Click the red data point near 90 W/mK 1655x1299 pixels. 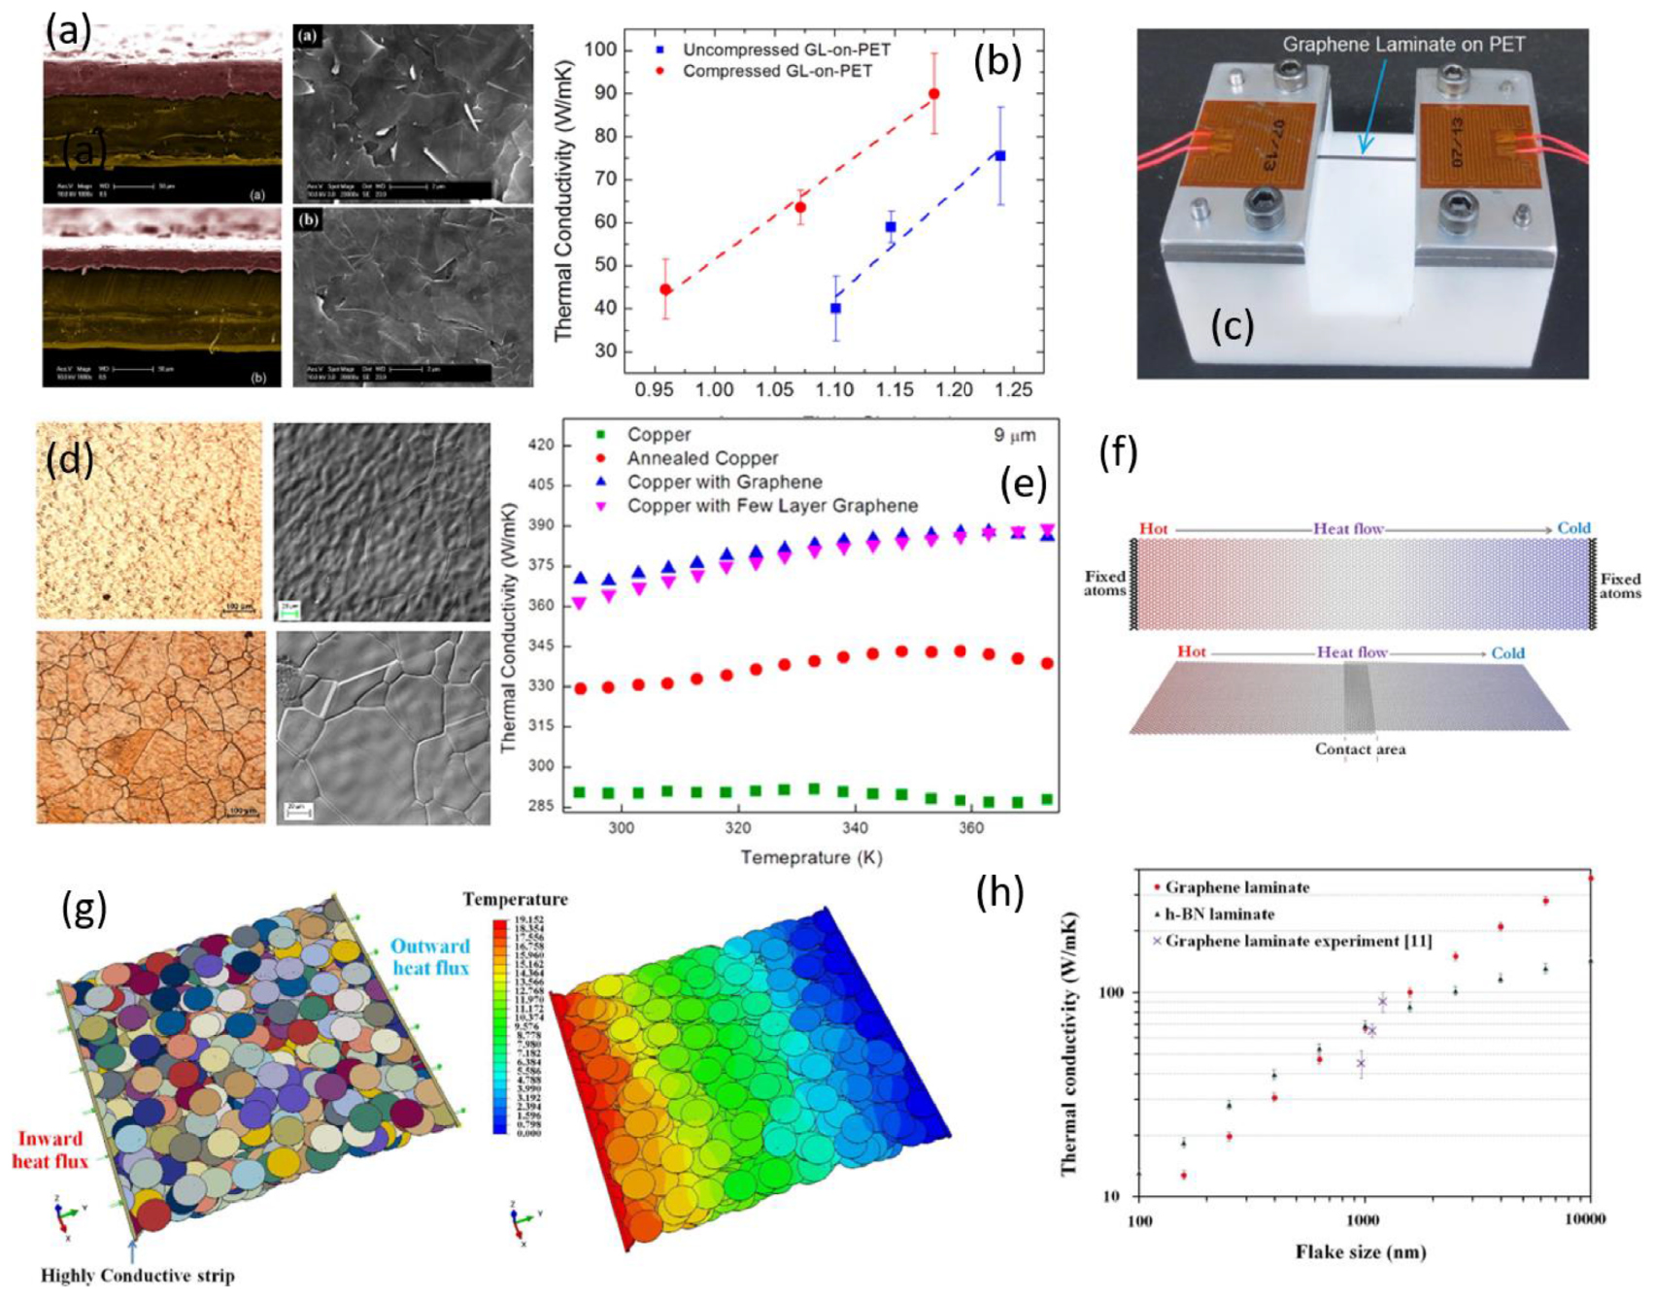(933, 94)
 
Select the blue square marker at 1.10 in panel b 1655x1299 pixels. (835, 308)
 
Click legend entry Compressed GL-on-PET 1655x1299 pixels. (776, 71)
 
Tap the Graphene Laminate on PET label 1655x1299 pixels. (1403, 45)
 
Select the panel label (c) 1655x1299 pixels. (1232, 326)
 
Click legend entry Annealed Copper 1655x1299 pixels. (702, 458)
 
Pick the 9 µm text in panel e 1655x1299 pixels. (1014, 435)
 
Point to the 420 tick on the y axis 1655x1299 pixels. (541, 446)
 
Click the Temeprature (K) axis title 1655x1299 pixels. (811, 857)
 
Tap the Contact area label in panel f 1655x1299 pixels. (1360, 749)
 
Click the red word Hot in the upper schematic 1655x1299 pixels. (1153, 528)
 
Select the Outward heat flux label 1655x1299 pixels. (429, 956)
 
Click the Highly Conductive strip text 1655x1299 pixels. (137, 1275)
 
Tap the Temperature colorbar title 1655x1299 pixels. (515, 899)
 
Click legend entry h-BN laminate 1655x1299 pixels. (1219, 914)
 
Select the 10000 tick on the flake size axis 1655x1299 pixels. (1584, 1218)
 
